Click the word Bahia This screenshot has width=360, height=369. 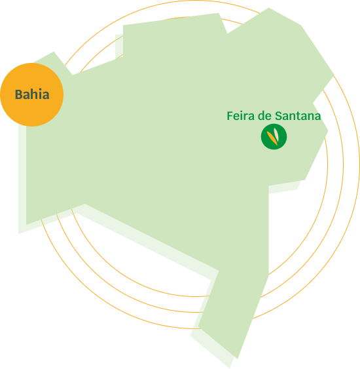point(32,94)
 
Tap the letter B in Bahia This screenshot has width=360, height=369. point(18,94)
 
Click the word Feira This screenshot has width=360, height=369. point(241,116)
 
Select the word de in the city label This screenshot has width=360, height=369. point(264,116)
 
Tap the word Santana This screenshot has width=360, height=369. point(298,116)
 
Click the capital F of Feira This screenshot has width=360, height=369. point(230,116)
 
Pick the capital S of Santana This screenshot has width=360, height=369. point(278,116)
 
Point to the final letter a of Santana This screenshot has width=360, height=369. point(317,117)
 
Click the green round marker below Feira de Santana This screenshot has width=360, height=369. point(274,137)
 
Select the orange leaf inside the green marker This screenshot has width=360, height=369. point(272,138)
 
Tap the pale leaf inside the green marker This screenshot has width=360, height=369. point(276,134)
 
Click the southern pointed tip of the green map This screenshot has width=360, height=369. point(238,359)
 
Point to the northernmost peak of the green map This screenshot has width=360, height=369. point(268,8)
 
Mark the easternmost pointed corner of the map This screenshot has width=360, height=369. point(334,75)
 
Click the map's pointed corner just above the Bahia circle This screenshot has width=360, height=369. point(54,52)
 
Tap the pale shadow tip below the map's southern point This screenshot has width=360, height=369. point(230,368)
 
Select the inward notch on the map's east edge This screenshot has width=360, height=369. point(313,103)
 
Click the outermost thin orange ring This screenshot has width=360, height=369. point(359,165)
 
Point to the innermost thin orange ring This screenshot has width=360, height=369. point(327,165)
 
